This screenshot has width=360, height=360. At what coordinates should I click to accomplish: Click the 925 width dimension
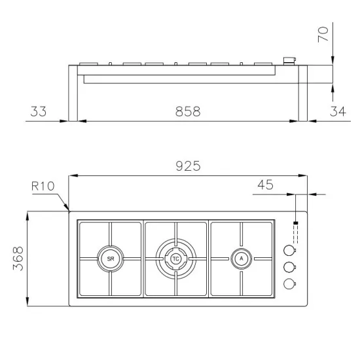[189, 166]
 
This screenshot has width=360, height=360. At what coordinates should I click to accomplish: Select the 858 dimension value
[187, 112]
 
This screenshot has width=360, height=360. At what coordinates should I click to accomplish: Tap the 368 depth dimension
[17, 259]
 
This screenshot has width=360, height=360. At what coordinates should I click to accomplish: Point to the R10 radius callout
[43, 185]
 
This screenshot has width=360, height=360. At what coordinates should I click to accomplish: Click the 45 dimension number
[265, 185]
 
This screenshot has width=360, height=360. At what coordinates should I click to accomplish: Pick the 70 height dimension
[323, 34]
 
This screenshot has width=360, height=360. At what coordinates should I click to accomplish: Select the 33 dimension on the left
[39, 112]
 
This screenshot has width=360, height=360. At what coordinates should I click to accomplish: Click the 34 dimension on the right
[336, 112]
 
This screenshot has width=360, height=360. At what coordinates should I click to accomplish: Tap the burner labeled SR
[109, 259]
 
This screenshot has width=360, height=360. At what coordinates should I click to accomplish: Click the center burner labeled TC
[175, 259]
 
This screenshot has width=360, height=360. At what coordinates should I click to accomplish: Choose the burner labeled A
[242, 259]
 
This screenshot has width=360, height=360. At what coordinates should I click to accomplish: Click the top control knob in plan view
[289, 250]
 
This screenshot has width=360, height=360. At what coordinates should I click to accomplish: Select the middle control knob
[289, 266]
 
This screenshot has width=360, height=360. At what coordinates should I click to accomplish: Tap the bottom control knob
[289, 283]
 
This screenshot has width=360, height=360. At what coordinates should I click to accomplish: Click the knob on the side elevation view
[288, 61]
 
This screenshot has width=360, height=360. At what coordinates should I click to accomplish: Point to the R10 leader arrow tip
[69, 210]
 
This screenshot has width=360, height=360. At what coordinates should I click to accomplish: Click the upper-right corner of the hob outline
[308, 211]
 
